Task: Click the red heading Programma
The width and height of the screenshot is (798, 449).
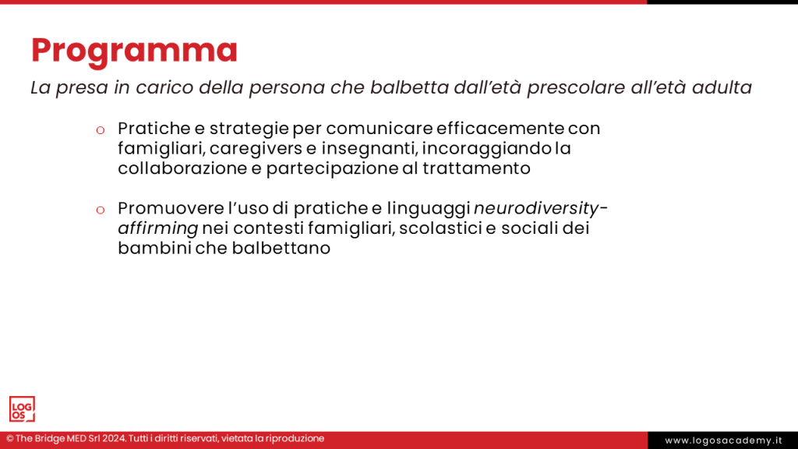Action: (134, 51)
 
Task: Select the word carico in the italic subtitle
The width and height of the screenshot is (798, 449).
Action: (164, 87)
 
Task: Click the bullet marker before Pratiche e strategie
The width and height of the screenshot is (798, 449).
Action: (101, 130)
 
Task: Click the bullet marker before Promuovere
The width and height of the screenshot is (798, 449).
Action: (101, 210)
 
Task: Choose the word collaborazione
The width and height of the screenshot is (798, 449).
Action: (182, 168)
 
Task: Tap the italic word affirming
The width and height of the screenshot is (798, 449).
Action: (157, 228)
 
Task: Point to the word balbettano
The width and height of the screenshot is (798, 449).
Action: (281, 248)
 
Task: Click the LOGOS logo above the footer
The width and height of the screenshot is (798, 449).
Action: (22, 409)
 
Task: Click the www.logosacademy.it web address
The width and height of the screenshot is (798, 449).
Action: (723, 440)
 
